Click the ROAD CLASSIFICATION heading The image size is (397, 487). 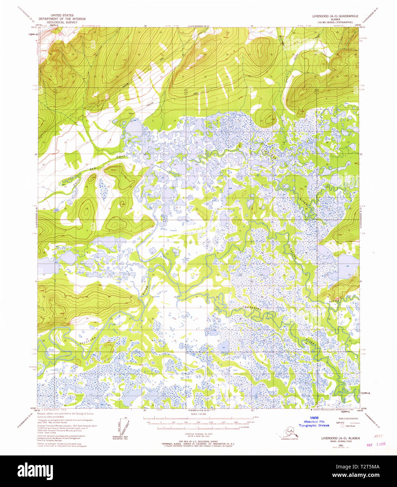tap(348, 419)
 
